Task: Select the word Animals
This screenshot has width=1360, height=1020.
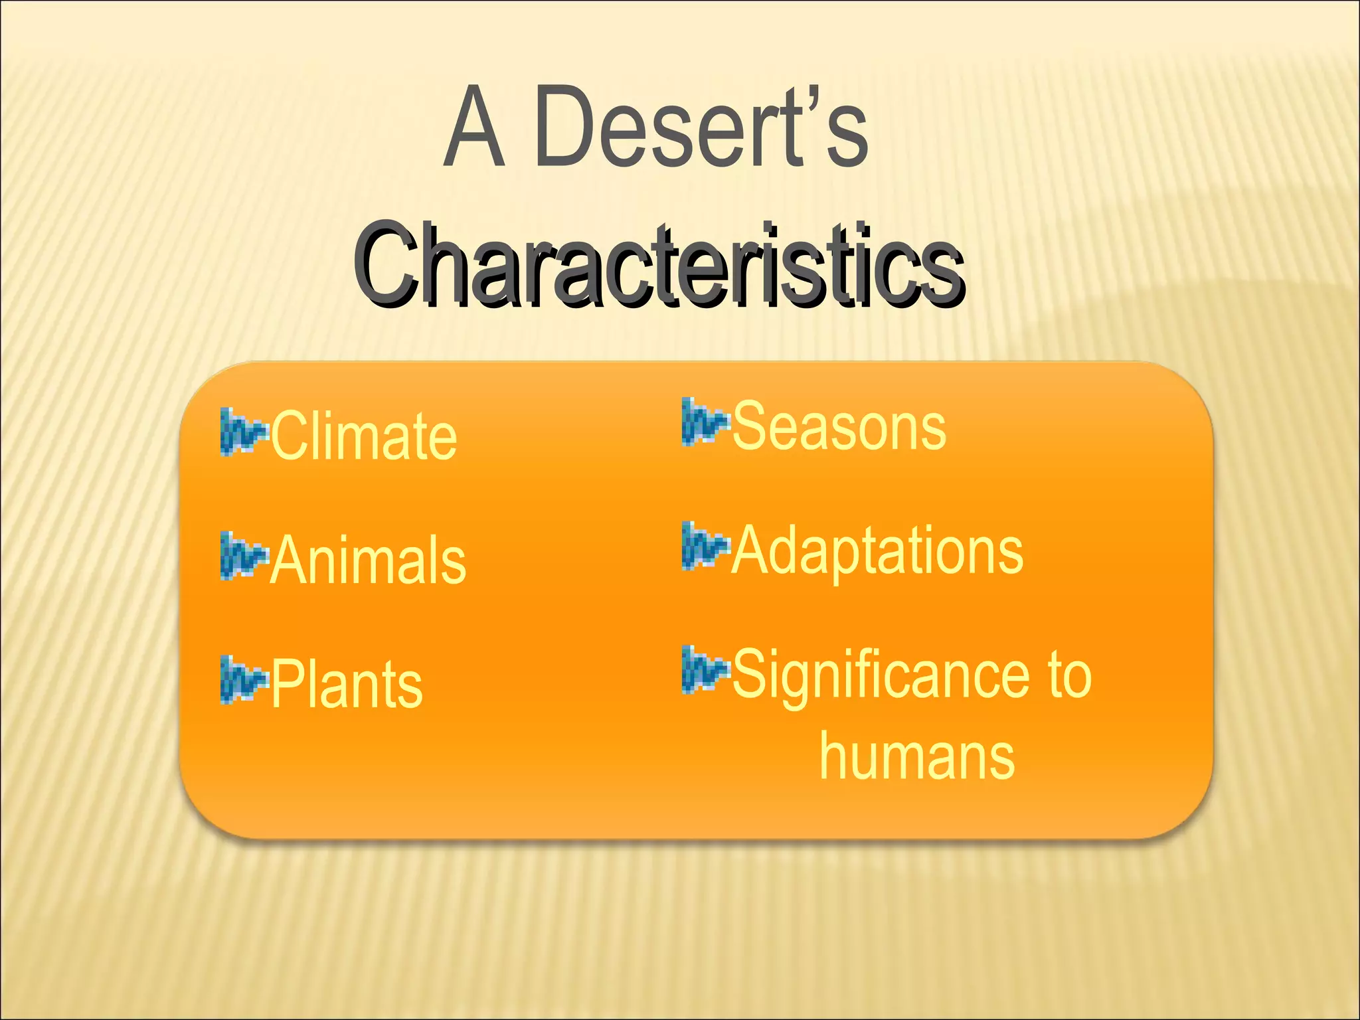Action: tap(368, 560)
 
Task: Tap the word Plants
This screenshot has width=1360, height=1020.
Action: tap(346, 685)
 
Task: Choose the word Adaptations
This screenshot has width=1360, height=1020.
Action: tap(877, 551)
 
